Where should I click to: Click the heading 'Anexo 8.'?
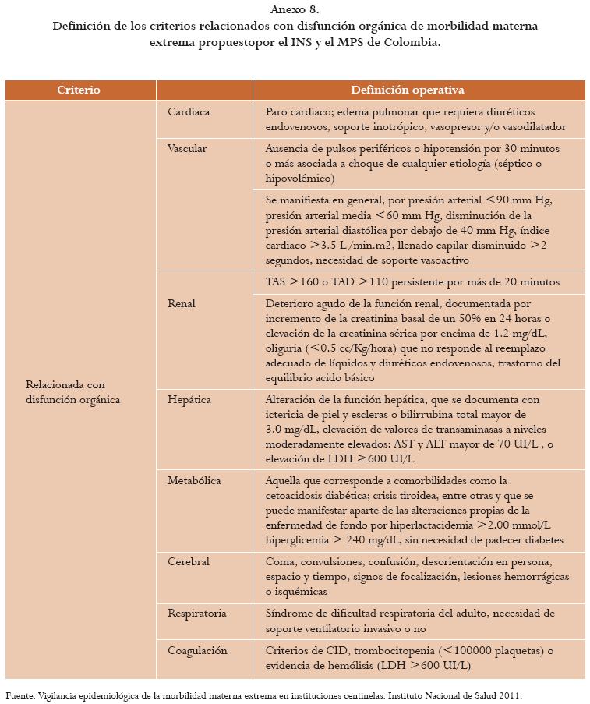click(x=295, y=10)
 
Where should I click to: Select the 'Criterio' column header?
click(x=79, y=90)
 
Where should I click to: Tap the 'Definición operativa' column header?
click(x=419, y=90)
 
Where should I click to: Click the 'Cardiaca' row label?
click(x=189, y=112)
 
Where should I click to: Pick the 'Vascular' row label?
click(x=187, y=148)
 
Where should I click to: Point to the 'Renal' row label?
click(x=182, y=303)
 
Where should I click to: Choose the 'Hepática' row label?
click(x=189, y=399)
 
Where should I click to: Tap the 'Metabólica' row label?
click(x=194, y=480)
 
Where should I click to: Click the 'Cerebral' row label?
click(x=189, y=561)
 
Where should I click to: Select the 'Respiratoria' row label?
click(x=196, y=614)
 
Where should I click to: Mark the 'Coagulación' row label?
click(x=197, y=650)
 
